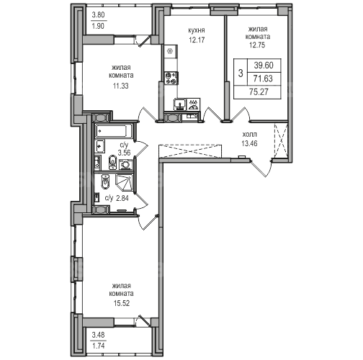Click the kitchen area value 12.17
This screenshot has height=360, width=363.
197,40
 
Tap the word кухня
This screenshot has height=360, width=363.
197,31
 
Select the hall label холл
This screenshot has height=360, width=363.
250,134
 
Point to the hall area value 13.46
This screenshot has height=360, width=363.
250,143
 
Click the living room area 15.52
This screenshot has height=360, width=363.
122,303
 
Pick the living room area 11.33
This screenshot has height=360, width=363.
121,86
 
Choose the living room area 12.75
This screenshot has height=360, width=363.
257,45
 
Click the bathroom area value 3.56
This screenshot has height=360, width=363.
124,153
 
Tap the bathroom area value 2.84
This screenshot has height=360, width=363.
122,198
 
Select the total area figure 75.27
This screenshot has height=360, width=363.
259,91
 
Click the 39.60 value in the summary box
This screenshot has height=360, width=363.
264,66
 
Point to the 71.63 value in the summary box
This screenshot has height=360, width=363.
264,78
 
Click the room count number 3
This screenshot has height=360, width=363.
241,73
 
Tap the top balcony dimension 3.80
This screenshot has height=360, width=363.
99,15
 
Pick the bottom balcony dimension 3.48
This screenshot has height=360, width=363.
99,335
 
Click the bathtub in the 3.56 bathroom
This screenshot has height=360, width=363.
114,131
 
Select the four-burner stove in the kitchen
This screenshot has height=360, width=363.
171,78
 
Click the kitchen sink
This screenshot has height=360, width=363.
180,104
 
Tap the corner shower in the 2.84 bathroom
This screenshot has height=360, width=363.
124,182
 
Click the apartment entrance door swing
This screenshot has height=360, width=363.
261,168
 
